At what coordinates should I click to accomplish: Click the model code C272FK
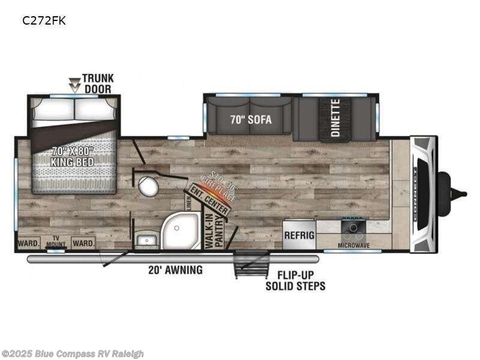(44, 20)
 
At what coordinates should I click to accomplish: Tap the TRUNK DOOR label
(98, 83)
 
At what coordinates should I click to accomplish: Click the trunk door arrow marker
(74, 85)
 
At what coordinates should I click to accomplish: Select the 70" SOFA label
(250, 119)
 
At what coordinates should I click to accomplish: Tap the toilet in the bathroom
(148, 187)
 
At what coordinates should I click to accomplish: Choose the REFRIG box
(299, 235)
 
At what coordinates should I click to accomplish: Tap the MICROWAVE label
(353, 245)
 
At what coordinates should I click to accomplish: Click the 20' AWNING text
(175, 270)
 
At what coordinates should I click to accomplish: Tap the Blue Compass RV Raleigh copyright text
(73, 353)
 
